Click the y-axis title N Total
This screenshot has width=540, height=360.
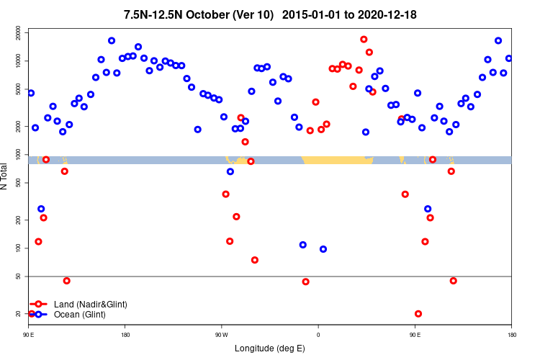(x=6, y=176)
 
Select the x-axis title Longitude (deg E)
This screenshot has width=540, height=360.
(x=270, y=348)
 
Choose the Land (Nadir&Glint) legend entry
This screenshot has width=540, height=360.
(x=90, y=305)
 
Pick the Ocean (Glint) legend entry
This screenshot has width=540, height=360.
(x=80, y=315)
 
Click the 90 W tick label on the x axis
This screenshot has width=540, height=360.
(x=221, y=335)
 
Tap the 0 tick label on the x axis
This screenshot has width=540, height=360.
(x=318, y=335)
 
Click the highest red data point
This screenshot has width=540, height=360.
(x=364, y=40)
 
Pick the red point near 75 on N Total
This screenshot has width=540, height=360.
(x=255, y=260)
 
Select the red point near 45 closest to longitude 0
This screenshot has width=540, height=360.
(x=306, y=282)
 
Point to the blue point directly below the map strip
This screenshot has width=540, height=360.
(x=230, y=171)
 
